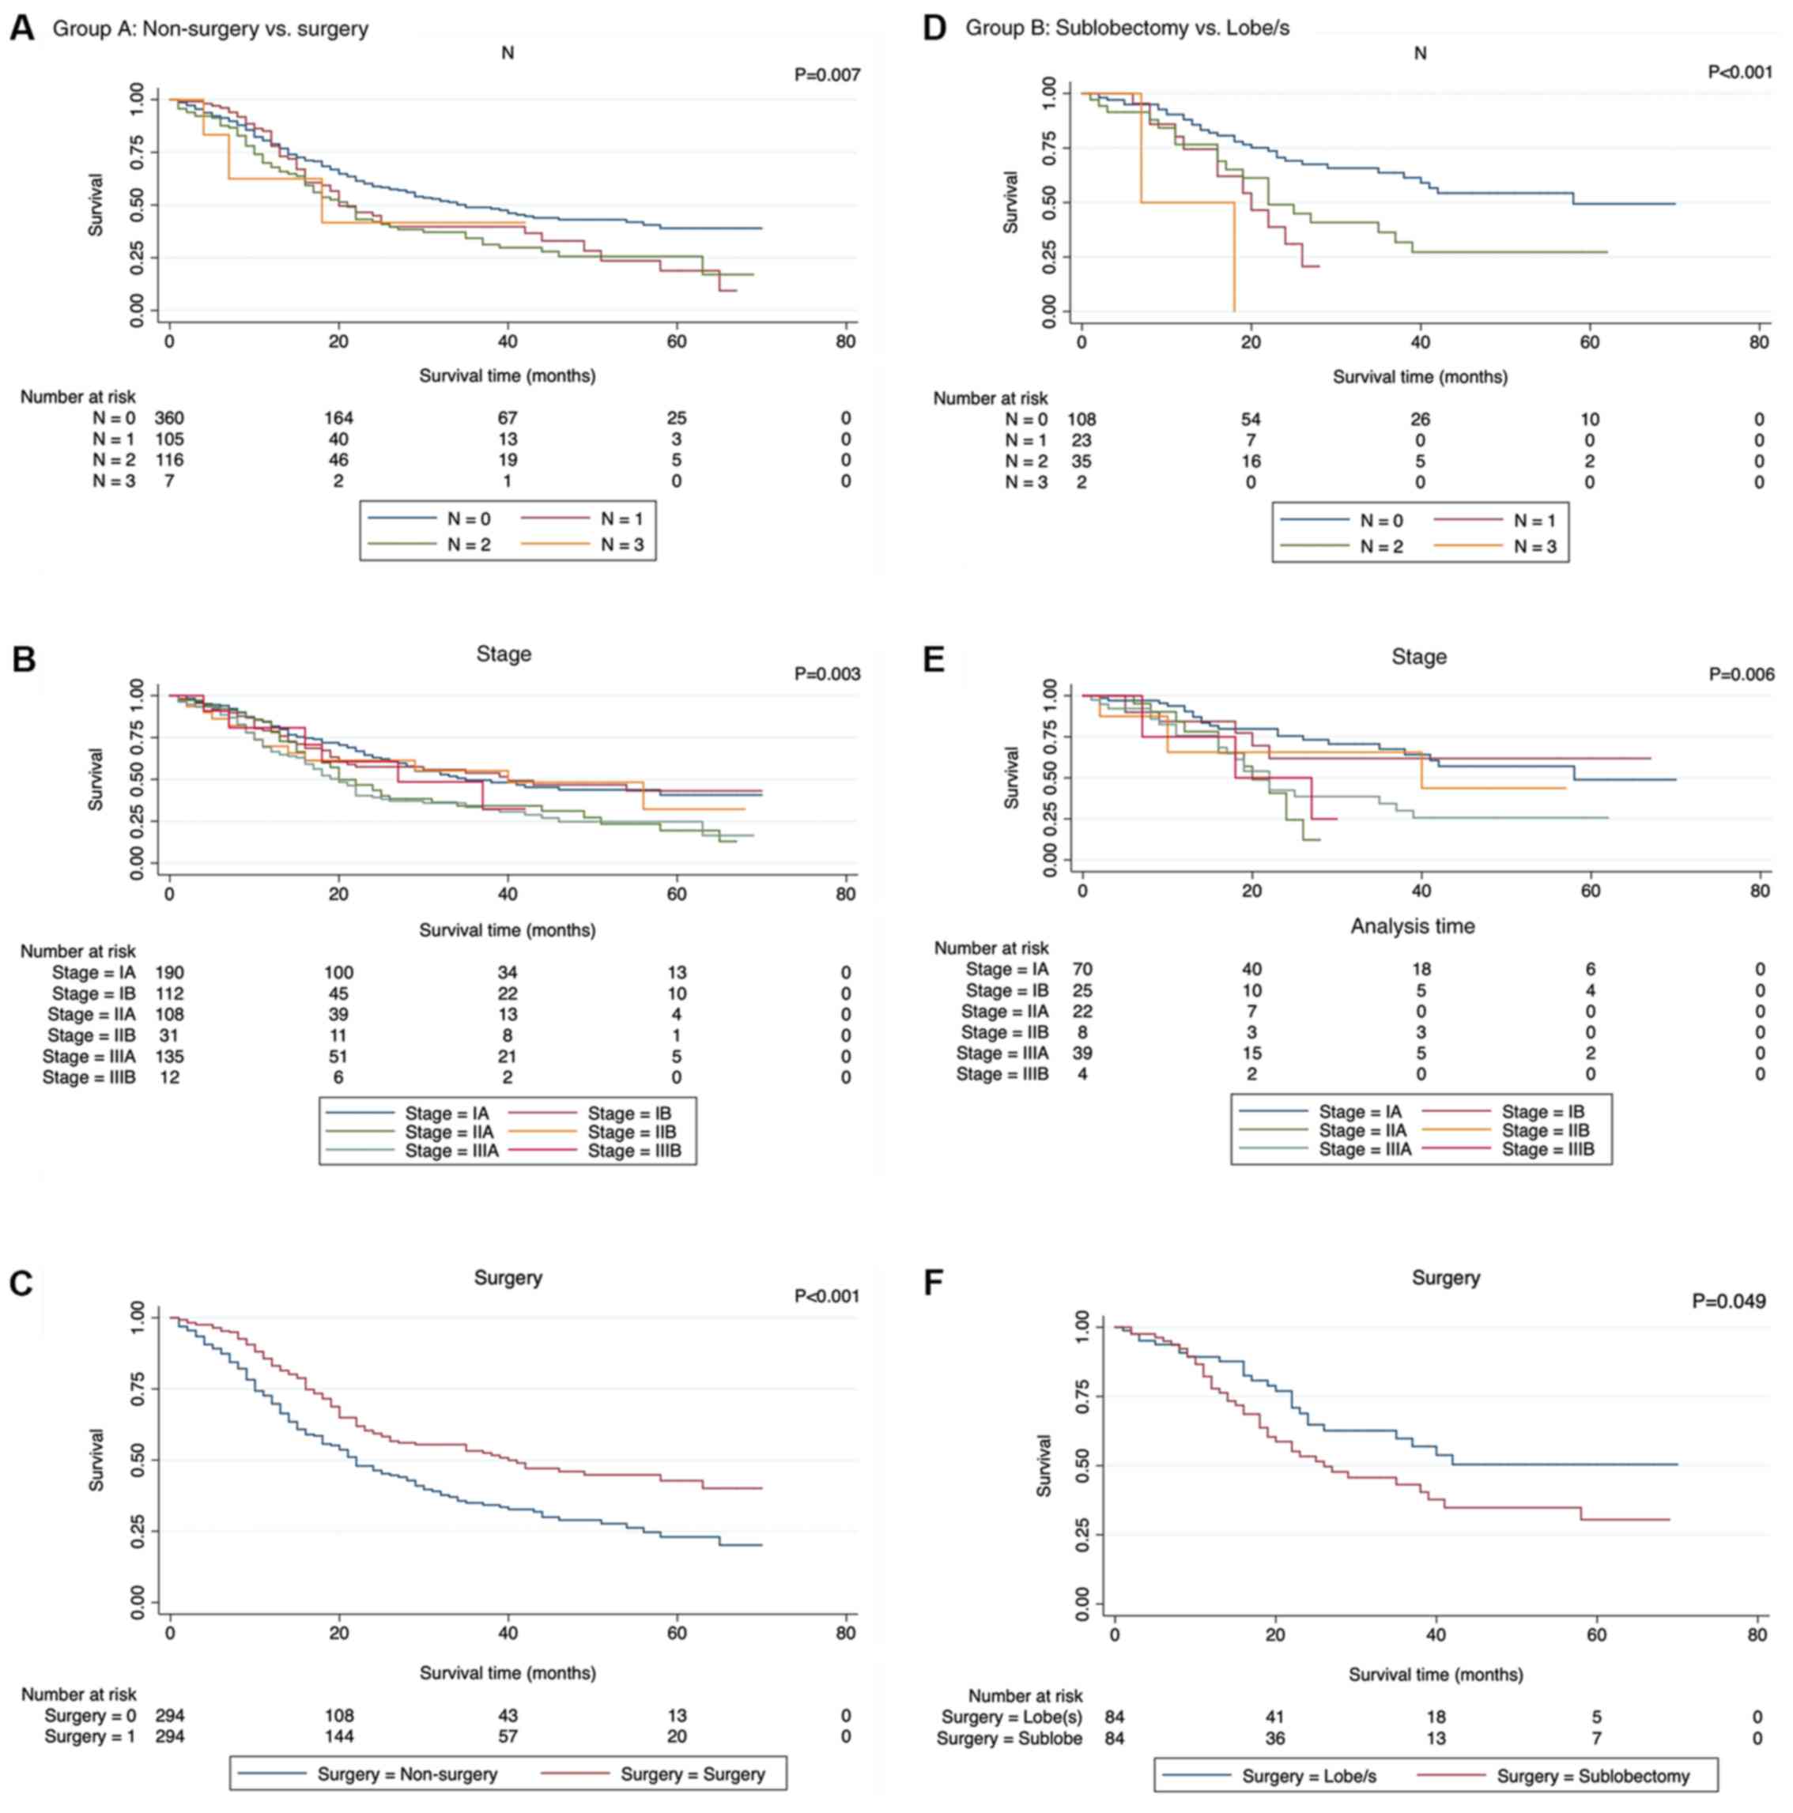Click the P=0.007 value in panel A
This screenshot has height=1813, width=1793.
pyautogui.click(x=826, y=75)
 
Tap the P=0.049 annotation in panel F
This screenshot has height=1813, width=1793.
pyautogui.click(x=1728, y=1302)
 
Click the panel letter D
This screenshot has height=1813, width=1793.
pyautogui.click(x=934, y=28)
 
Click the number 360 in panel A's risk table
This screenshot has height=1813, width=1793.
pyautogui.click(x=169, y=419)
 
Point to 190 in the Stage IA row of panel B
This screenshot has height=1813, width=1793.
pyautogui.click(x=169, y=973)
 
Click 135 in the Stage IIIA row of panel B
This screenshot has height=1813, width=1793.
pyautogui.click(x=169, y=1057)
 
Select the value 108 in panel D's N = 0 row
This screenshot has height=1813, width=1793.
pyautogui.click(x=1081, y=420)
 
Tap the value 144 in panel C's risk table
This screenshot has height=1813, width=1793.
pyautogui.click(x=339, y=1737)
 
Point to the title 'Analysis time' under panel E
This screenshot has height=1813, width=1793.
pyautogui.click(x=1412, y=926)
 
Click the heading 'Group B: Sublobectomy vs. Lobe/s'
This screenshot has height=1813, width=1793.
pyautogui.click(x=1127, y=28)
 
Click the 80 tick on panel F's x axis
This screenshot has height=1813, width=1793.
pyautogui.click(x=1757, y=1636)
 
